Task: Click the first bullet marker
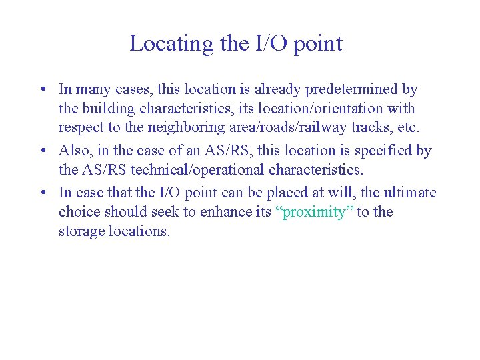click(42, 89)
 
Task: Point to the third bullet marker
click(42, 193)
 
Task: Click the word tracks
click(374, 127)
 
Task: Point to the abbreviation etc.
click(409, 127)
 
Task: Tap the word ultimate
click(411, 193)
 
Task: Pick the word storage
click(80, 231)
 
